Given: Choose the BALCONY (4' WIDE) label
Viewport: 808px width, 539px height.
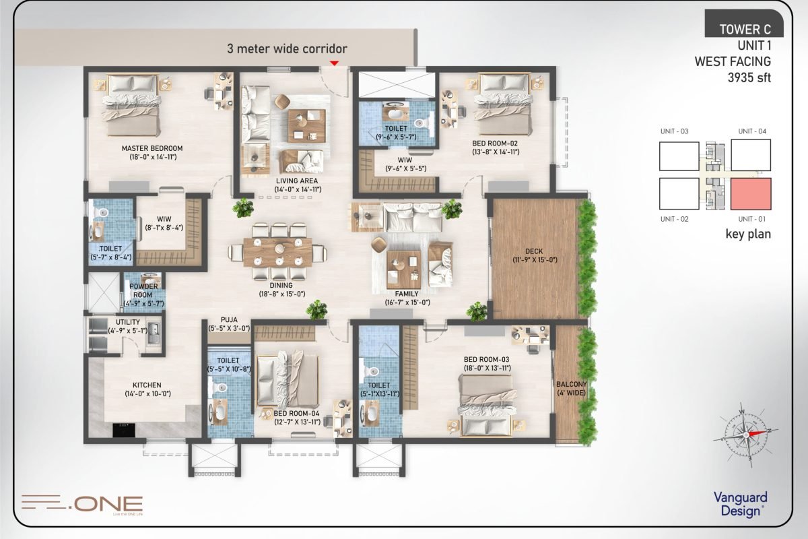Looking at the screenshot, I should tap(571, 389).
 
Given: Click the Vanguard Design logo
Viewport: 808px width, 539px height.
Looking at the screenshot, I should tap(740, 503).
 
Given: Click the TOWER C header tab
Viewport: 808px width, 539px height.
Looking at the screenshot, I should tap(744, 30).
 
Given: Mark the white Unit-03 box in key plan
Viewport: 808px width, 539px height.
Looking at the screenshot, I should tap(679, 156).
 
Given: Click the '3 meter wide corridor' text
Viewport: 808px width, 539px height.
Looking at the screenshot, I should tap(287, 49).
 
